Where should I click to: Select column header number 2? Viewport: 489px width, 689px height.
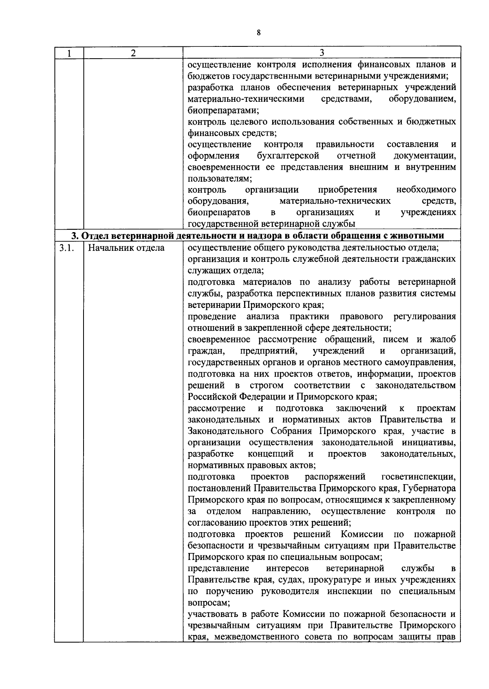coord(133,53)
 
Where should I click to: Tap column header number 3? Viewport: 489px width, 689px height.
coord(322,53)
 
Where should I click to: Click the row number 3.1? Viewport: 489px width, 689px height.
coord(65,248)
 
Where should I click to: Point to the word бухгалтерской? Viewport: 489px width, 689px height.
coord(288,156)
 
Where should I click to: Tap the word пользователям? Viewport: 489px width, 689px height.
coord(220,179)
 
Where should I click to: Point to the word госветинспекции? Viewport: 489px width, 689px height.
coord(419,476)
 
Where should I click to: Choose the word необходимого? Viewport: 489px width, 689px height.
coord(426,190)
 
